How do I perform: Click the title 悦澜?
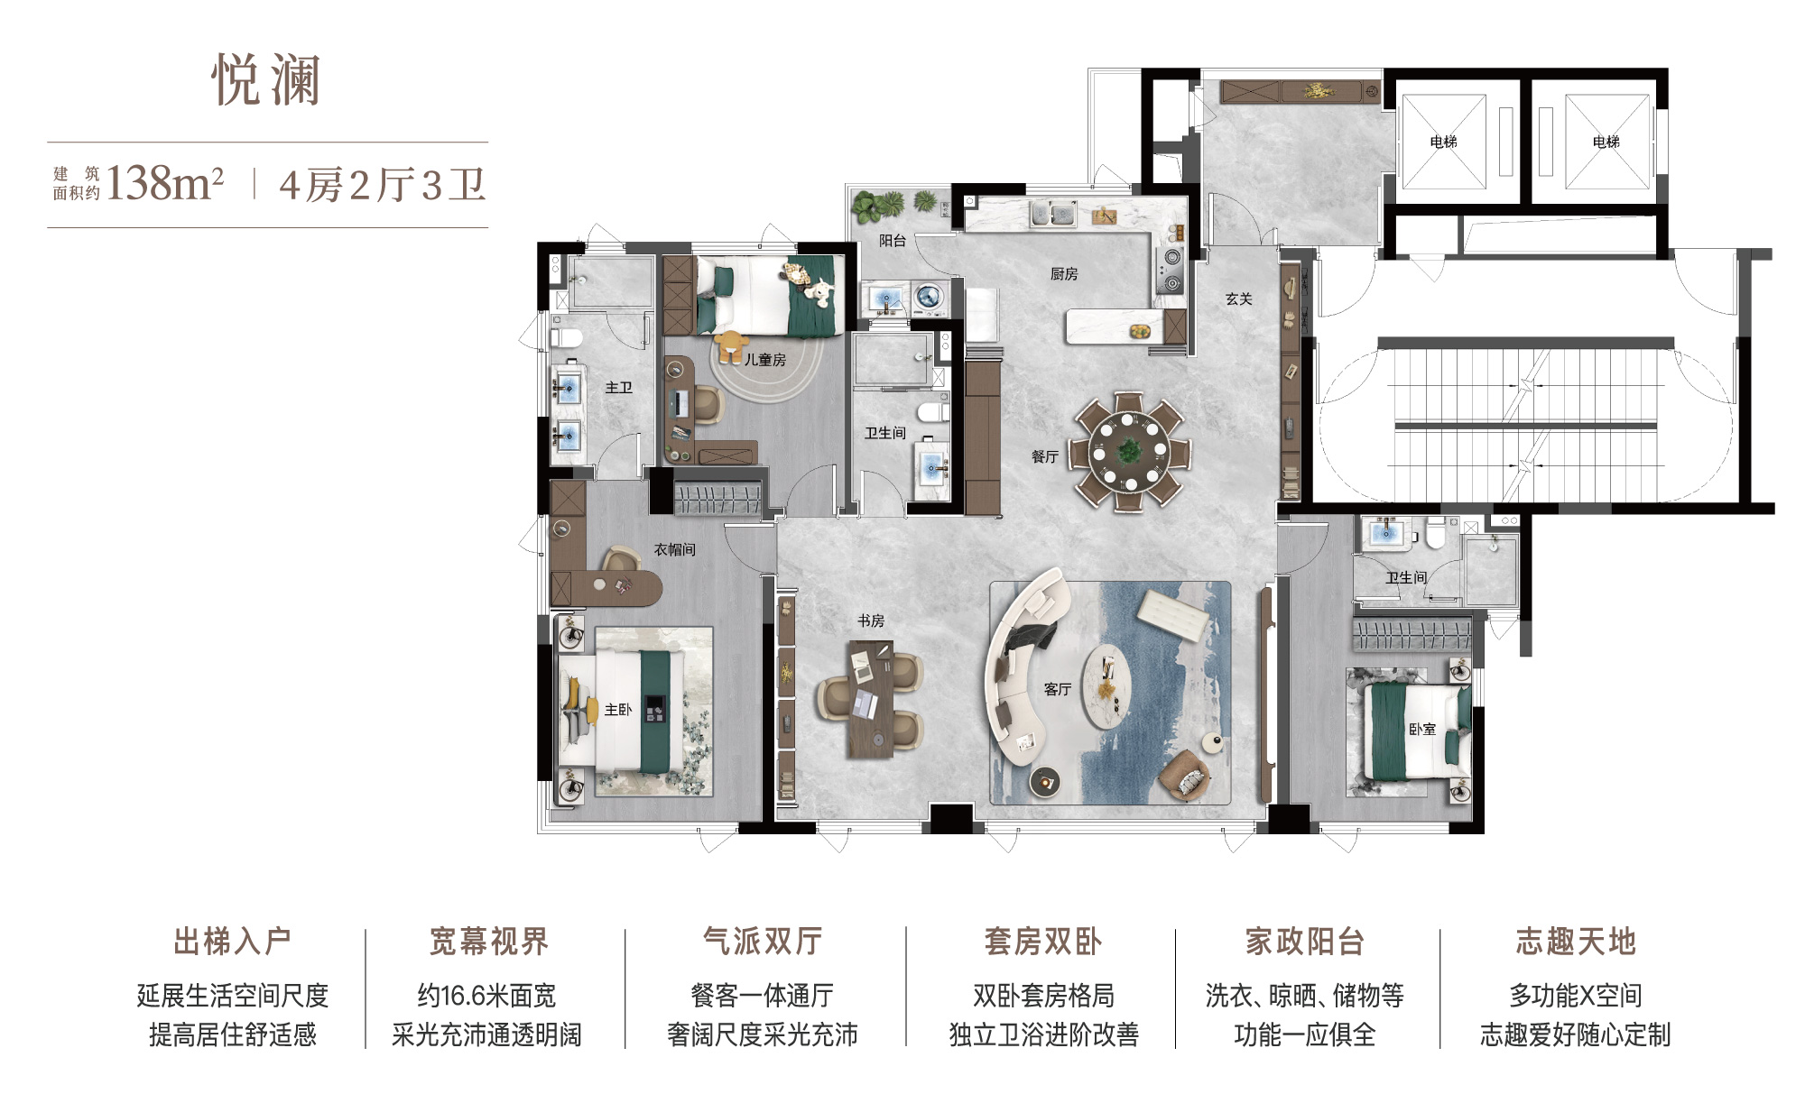click(266, 79)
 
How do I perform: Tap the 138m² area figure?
click(165, 184)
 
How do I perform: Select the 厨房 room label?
click(1064, 274)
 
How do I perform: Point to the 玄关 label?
click(1239, 299)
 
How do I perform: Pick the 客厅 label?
click(1058, 690)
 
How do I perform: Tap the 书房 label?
click(871, 621)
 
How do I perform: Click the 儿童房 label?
click(765, 360)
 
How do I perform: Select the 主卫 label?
click(619, 388)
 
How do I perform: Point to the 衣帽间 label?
click(675, 549)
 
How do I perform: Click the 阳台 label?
click(893, 241)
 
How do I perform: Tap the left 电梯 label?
click(1444, 142)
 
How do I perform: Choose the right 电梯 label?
click(1606, 142)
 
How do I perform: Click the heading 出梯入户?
click(232, 942)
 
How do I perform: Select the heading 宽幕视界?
click(488, 942)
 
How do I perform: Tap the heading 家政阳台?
click(1304, 942)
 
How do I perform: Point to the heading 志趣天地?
click(1576, 942)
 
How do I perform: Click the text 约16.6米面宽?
click(487, 996)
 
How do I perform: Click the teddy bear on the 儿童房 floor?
click(732, 345)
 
